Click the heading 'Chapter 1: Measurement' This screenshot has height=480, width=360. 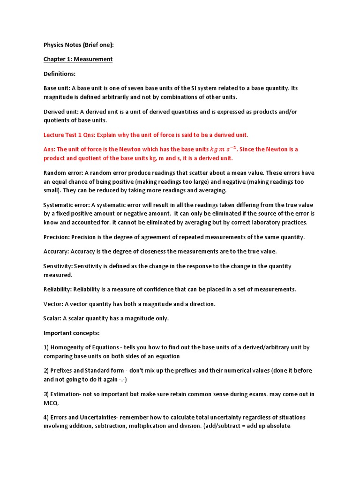[x=78, y=60]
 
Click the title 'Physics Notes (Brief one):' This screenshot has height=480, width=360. [x=78, y=45]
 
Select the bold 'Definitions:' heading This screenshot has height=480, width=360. [x=60, y=74]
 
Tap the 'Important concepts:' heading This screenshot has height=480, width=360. [x=72, y=333]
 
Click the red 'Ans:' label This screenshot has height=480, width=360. [x=49, y=149]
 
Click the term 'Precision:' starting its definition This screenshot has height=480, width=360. [x=56, y=237]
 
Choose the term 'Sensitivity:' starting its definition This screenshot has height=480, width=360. [x=58, y=266]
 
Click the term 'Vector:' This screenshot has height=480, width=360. [x=53, y=304]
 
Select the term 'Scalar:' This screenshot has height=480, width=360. [x=53, y=318]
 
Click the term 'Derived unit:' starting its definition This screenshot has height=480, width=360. [x=61, y=112]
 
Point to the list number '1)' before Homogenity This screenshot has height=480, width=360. [x=46, y=347]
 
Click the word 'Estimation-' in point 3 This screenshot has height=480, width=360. [x=67, y=394]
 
